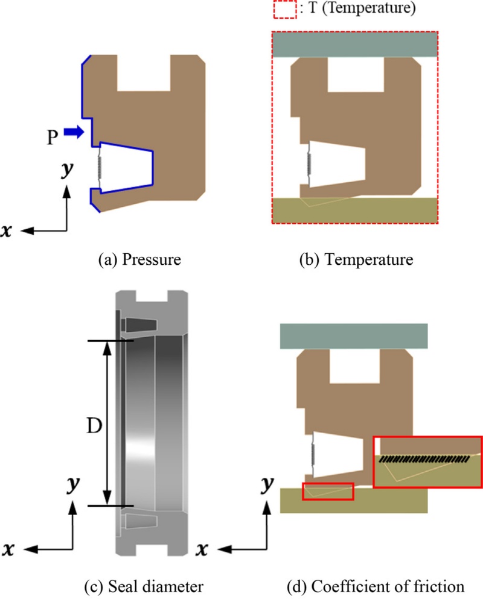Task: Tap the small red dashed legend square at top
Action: (285, 11)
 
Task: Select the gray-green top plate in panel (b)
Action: (355, 45)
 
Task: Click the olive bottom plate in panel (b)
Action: (355, 211)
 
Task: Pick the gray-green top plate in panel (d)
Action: (354, 336)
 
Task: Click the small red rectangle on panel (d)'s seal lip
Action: (327, 491)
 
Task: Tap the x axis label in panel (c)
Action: (10, 549)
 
